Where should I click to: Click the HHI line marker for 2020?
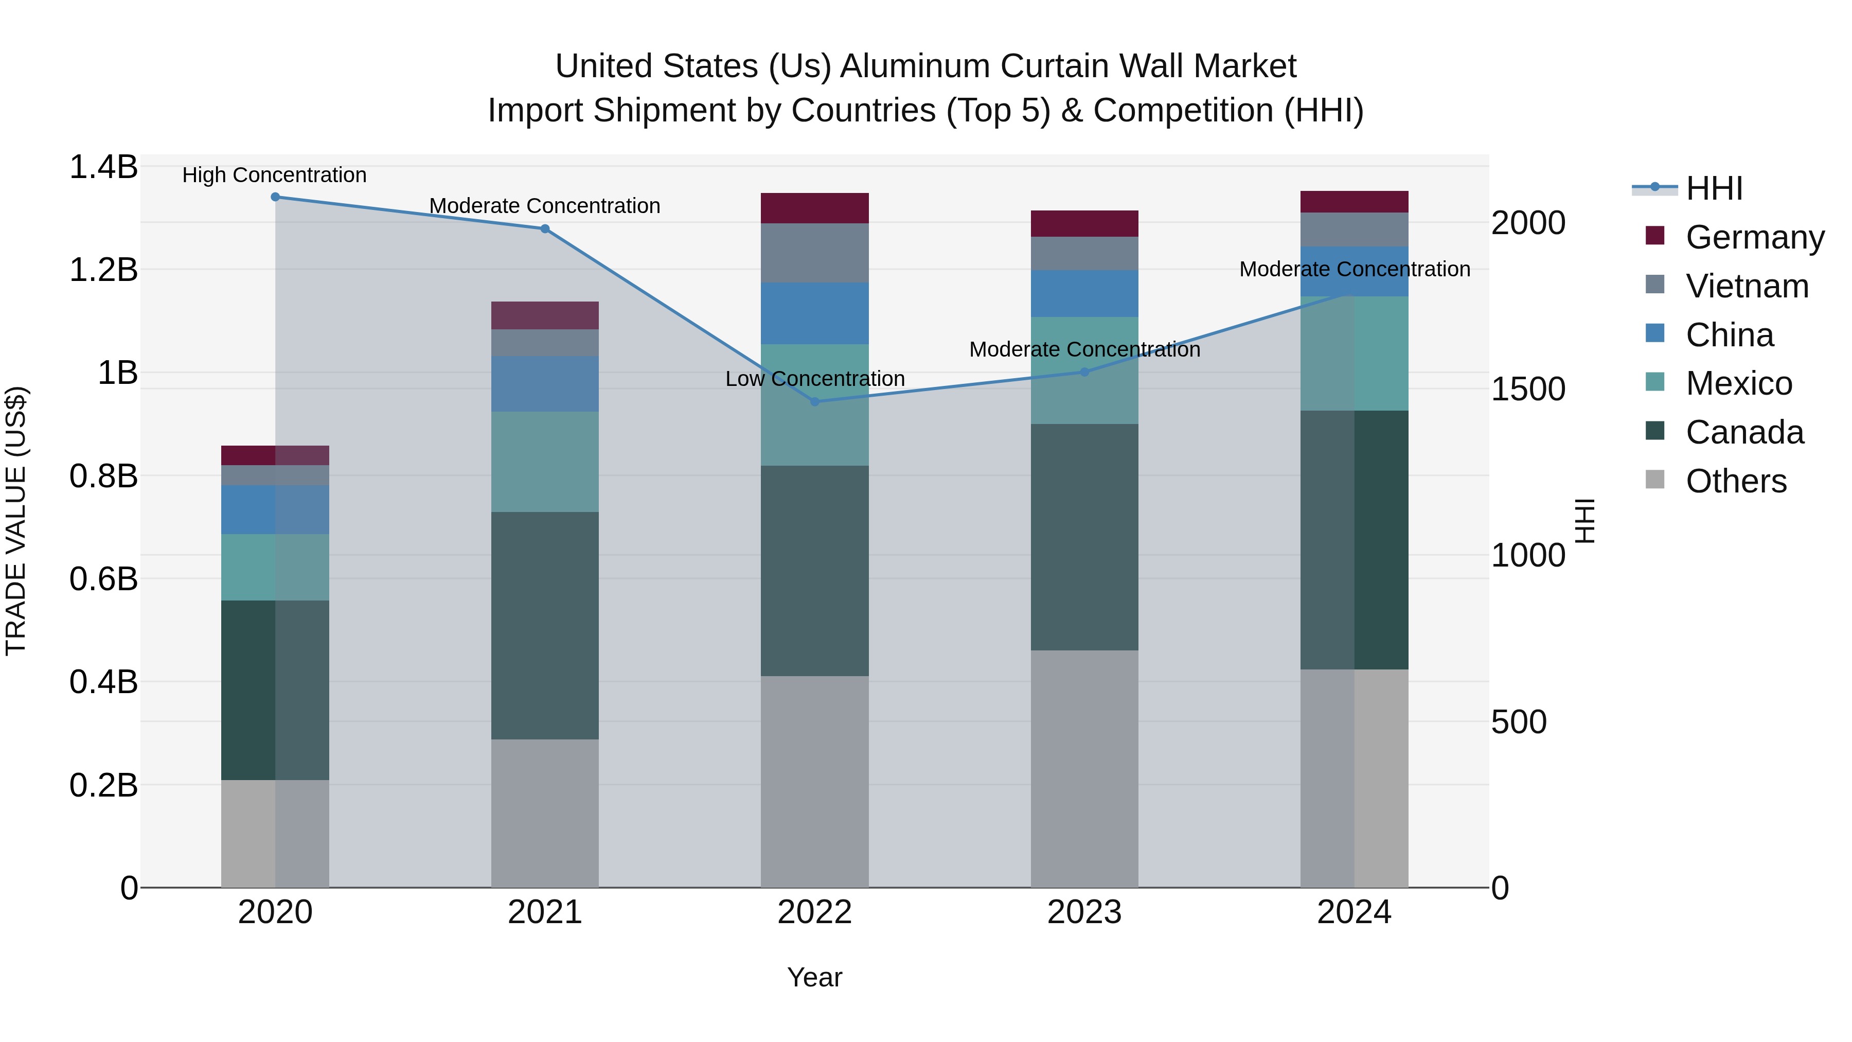click(x=275, y=197)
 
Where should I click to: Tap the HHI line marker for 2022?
click(x=814, y=402)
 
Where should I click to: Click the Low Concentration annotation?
click(x=814, y=379)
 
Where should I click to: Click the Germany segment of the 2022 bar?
click(x=814, y=208)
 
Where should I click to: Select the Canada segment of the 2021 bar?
click(x=545, y=626)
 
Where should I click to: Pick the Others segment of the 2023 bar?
click(x=1084, y=769)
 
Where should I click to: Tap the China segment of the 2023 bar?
click(x=1084, y=293)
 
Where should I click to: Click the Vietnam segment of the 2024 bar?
click(x=1355, y=229)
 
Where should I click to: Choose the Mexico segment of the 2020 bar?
click(x=275, y=568)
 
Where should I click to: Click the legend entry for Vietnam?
click(x=1747, y=286)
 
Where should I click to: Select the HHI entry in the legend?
click(x=1714, y=188)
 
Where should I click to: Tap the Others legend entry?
click(x=1736, y=481)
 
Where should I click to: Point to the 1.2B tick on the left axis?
click(x=103, y=270)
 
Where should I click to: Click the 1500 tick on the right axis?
click(x=1528, y=389)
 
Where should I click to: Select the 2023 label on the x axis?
click(x=1084, y=912)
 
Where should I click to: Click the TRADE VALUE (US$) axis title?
click(x=16, y=521)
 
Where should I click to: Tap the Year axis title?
click(x=814, y=977)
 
